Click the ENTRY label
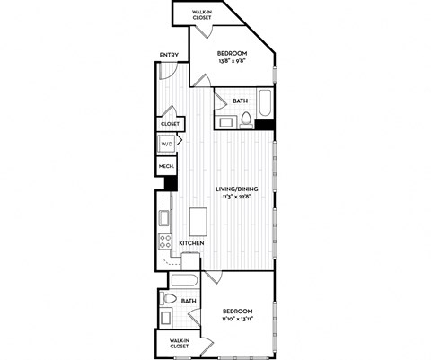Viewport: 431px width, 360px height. [169, 57]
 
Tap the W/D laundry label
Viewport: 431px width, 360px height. [166, 144]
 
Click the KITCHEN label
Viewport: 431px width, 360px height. [190, 244]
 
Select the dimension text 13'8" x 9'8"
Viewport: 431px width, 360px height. [234, 62]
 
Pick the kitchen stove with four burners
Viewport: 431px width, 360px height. [165, 241]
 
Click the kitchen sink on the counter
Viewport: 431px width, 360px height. [164, 216]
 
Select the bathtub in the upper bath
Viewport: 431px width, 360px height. [265, 102]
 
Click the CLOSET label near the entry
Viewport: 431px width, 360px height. [170, 123]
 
